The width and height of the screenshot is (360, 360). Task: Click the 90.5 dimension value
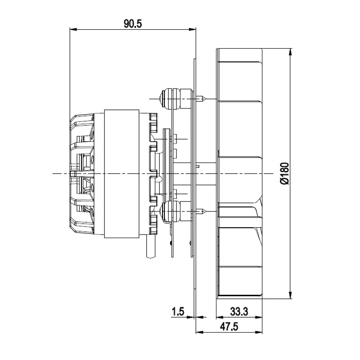(133, 23)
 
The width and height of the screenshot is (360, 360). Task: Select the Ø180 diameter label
(285, 174)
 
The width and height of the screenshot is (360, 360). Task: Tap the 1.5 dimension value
(178, 311)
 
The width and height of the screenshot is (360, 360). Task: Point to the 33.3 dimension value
(239, 311)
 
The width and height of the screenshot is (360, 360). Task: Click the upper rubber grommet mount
(171, 99)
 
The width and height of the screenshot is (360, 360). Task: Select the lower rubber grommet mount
(171, 211)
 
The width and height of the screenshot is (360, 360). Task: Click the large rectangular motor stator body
(121, 174)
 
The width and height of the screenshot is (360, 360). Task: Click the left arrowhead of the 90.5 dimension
(73, 29)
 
